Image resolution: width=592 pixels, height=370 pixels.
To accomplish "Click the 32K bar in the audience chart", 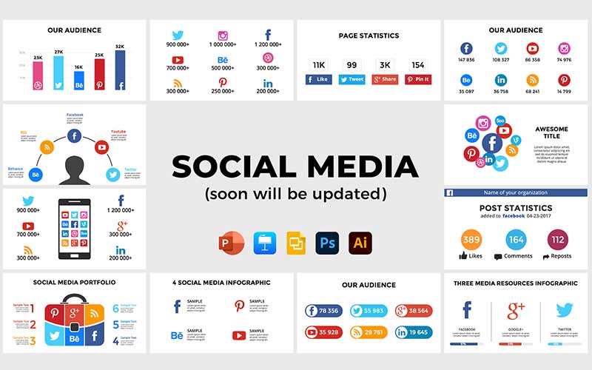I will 120,70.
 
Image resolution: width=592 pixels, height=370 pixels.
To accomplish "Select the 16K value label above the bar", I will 79,67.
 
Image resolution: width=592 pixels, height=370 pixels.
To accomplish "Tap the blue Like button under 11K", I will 319,79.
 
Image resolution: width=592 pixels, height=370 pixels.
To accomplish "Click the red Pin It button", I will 418,79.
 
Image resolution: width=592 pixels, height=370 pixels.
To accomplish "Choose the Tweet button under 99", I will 351,79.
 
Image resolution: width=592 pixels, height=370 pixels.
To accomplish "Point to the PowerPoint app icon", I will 231,243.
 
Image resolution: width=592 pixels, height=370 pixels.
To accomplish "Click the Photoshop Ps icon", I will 326,243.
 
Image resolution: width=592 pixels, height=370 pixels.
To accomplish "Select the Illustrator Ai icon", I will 360,243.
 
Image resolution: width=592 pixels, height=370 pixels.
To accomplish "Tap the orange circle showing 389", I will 471,240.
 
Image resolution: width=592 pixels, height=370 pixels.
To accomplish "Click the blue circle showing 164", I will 517,240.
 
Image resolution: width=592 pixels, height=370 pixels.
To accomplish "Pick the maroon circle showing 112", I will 559,240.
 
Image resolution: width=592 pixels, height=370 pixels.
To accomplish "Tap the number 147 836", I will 467,59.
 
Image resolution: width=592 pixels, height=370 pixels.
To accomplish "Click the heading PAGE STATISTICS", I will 369,36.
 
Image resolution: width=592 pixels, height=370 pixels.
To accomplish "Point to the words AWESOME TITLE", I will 551,133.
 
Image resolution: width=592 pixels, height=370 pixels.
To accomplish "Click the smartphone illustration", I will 74,230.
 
